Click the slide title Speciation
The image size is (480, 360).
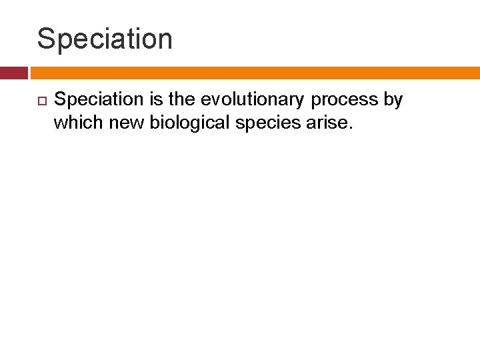coord(105,39)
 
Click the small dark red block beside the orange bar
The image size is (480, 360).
coord(13,73)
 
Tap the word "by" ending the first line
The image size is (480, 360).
coord(393,100)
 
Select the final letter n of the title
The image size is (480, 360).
coord(164,40)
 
